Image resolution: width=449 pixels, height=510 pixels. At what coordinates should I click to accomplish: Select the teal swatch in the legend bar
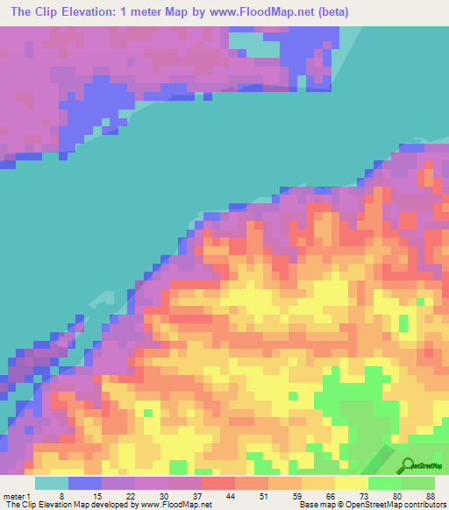52,482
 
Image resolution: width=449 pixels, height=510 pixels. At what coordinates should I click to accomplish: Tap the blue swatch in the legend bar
85,482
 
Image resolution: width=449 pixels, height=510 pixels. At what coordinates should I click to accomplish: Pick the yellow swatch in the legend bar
352,482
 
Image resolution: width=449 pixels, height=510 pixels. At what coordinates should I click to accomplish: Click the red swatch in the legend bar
218,482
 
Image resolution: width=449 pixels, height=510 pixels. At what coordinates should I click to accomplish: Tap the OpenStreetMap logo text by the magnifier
429,466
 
